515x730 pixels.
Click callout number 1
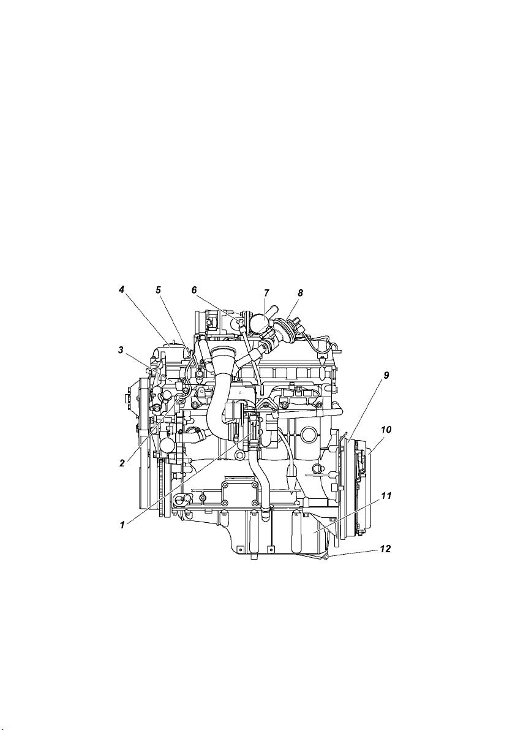[122, 525]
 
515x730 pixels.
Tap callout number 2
[122, 463]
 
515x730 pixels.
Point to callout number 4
[121, 289]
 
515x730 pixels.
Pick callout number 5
[158, 289]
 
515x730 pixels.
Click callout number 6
[195, 289]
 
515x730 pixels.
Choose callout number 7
[266, 293]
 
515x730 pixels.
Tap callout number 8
[300, 293]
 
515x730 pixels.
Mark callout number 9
[386, 375]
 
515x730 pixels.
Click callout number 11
[386, 496]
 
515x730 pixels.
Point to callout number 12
[386, 549]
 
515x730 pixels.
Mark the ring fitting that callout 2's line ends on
[180, 397]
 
